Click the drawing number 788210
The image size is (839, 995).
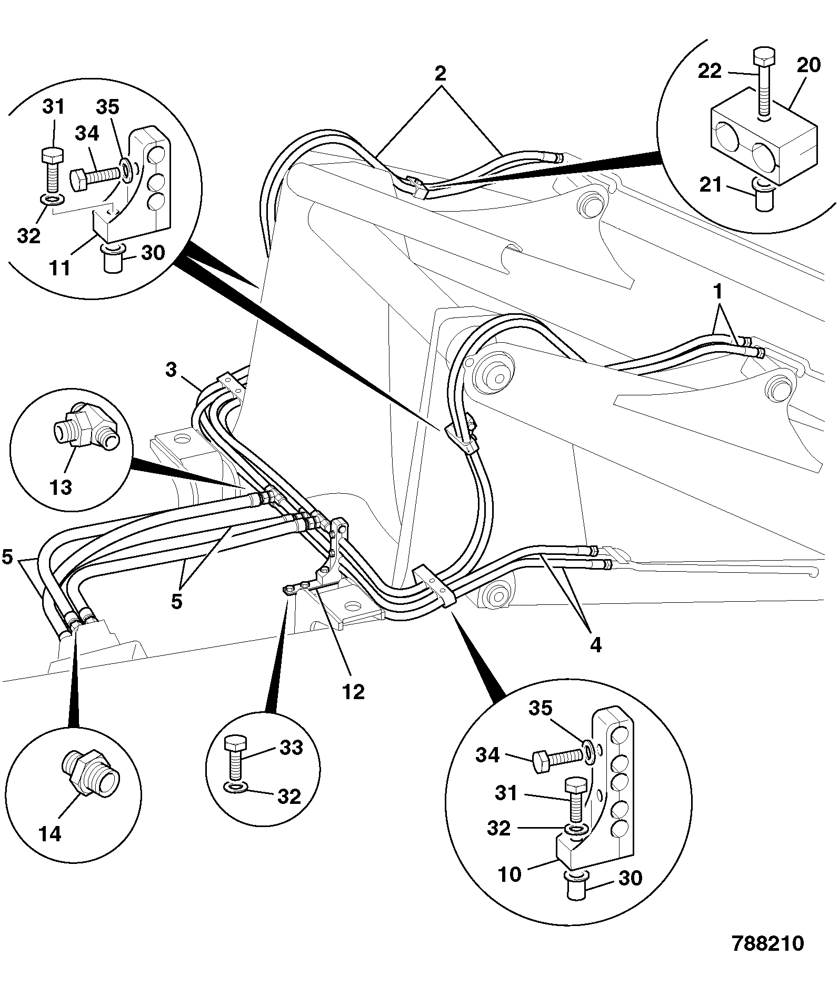coord(768,943)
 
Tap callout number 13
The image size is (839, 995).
coord(61,487)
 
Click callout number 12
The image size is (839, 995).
coord(353,691)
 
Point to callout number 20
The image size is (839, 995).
coord(808,65)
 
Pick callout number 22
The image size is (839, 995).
coord(710,71)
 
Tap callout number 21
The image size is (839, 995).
coord(711,185)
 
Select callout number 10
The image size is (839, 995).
coord(509,874)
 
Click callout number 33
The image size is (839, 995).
coord(291,748)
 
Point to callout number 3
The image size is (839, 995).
coord(171,370)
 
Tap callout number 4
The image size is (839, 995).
coord(595,644)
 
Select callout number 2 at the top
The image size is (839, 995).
coord(440,73)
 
